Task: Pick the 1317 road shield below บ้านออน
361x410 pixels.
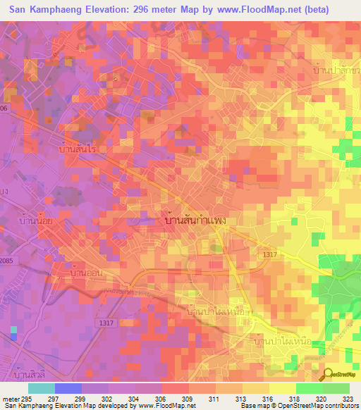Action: pos(103,321)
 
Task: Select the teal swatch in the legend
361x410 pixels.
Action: pos(42,388)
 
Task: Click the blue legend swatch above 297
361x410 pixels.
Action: pos(68,388)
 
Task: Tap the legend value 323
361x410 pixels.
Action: pos(350,397)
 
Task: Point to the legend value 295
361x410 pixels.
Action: pos(26,397)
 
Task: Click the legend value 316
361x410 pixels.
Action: pos(269,397)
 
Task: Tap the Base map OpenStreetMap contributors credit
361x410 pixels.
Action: pos(298,406)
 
